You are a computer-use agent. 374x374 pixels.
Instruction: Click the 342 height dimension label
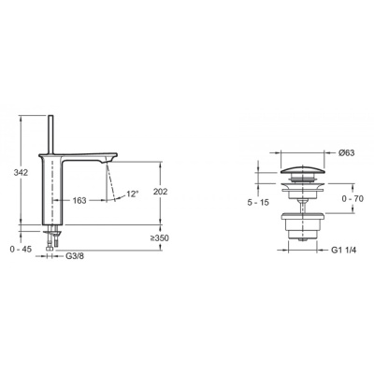21,172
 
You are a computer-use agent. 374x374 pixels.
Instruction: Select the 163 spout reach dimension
79,200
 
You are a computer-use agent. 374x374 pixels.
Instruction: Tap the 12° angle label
132,194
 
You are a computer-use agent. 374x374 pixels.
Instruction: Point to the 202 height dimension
160,192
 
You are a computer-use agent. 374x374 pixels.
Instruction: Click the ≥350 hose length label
159,238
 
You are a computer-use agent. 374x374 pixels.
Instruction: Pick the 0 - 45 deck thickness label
21,250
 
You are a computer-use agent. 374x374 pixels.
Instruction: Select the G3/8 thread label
75,256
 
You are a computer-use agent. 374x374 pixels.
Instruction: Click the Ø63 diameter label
346,152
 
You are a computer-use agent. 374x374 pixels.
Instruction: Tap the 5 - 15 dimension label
258,203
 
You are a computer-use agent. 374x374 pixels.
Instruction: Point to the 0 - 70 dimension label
352,198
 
